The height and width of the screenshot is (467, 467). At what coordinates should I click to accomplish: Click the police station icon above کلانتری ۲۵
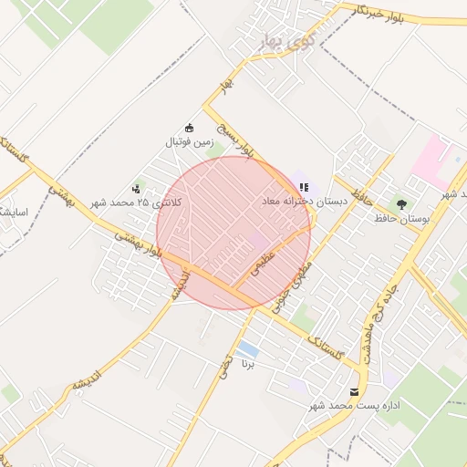tap(137, 189)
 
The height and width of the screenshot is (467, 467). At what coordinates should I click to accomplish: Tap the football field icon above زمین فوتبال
tap(190, 128)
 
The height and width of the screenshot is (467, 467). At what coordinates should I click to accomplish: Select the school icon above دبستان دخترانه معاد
tap(304, 186)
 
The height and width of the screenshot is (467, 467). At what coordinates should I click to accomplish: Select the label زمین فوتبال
tap(189, 142)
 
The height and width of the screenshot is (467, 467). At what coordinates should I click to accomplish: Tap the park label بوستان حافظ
tap(401, 219)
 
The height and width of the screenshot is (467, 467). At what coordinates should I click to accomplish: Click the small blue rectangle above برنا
tap(246, 348)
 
